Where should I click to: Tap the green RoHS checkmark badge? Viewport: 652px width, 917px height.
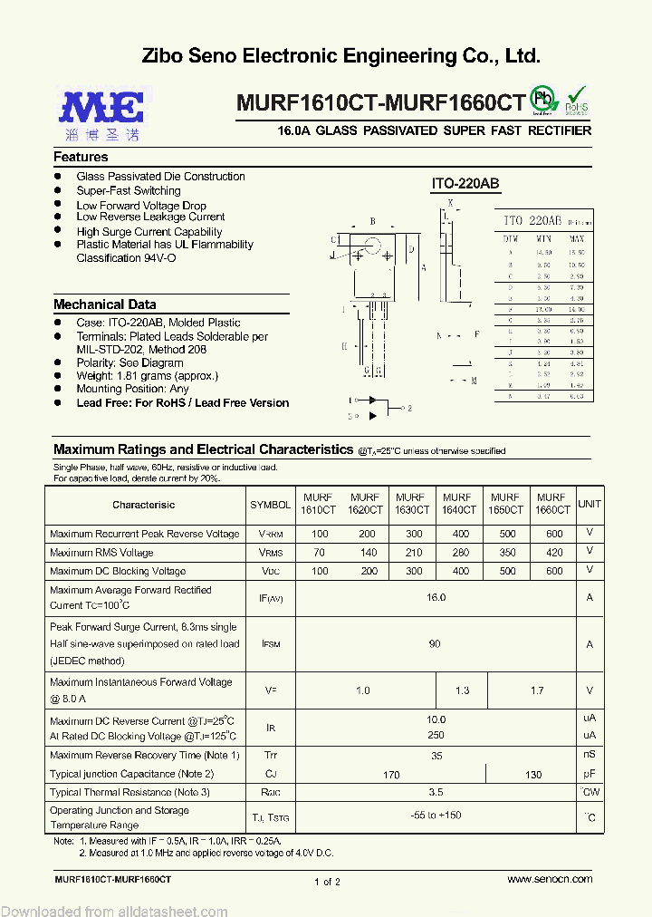(x=576, y=100)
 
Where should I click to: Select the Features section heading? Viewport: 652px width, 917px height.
(x=81, y=157)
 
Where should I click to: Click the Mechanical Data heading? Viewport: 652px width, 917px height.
(x=104, y=304)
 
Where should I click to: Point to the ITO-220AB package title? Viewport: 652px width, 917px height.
(x=465, y=184)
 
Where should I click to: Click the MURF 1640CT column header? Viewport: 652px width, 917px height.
(x=456, y=504)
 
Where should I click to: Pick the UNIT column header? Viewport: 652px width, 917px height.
(x=590, y=504)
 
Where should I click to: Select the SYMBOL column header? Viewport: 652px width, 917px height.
(x=270, y=505)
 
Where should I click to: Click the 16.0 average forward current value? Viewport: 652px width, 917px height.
(x=436, y=597)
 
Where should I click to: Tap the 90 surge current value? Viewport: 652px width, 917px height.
(x=436, y=643)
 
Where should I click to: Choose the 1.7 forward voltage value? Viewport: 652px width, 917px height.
(x=537, y=690)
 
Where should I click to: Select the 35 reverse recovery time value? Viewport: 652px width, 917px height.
(x=436, y=755)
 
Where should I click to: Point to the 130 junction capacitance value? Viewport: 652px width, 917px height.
(x=533, y=775)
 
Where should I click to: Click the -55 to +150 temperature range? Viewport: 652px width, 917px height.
(x=436, y=816)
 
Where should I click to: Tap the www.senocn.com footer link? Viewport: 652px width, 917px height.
(x=550, y=879)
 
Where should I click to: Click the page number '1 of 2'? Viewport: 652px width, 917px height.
(x=327, y=882)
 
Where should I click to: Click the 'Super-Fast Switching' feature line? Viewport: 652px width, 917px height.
(x=129, y=190)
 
